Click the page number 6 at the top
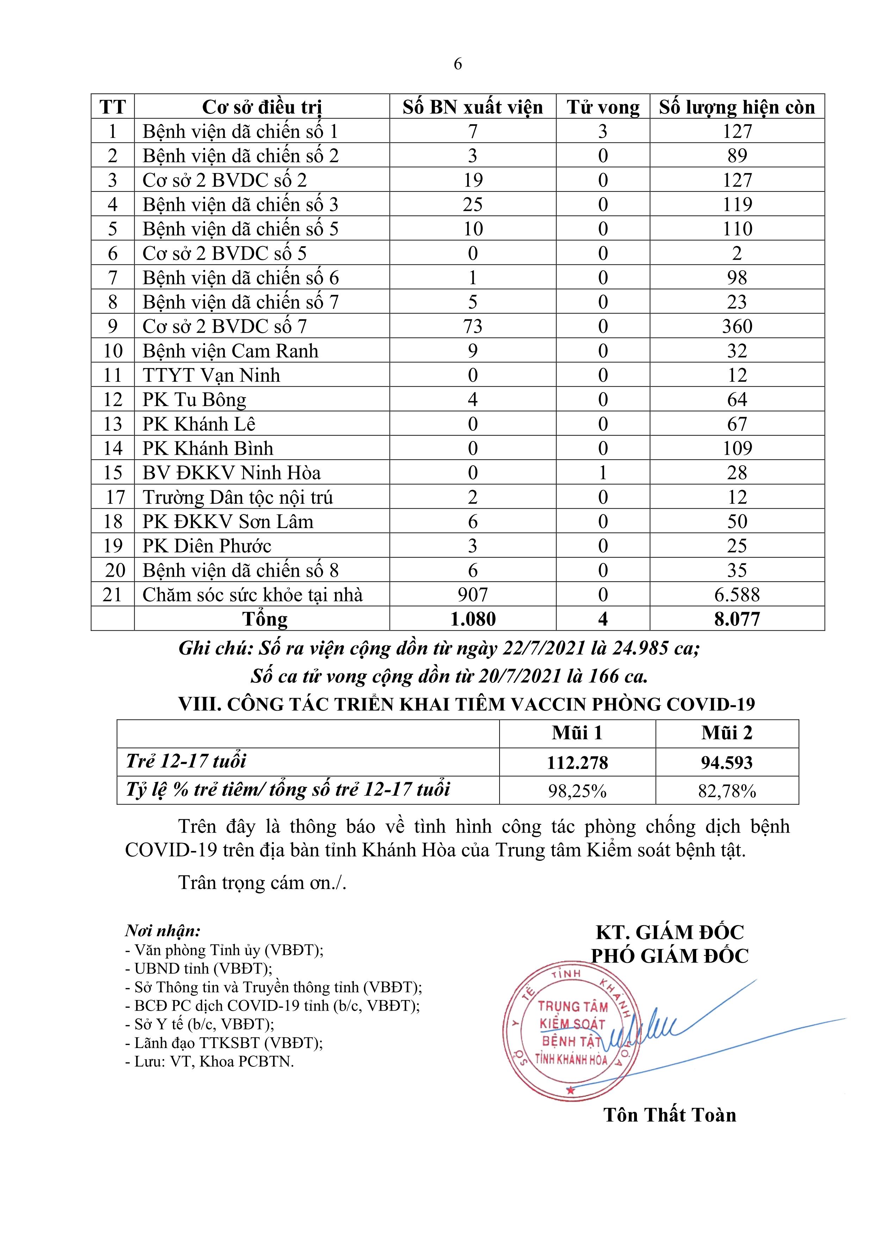coord(458,64)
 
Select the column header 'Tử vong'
coord(603,107)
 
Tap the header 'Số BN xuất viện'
coord(472,107)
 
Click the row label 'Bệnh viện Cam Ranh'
coord(230,351)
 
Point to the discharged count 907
coord(472,595)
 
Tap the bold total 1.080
coord(472,619)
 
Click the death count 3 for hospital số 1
coord(603,131)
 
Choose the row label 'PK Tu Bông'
coord(194,400)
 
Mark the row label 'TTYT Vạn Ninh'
coord(211,375)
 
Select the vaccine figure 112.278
coord(577,763)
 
